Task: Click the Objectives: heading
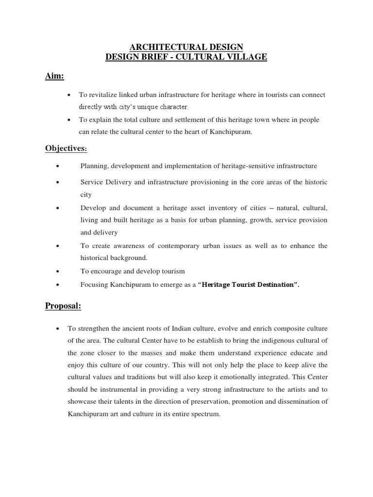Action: [x=66, y=148]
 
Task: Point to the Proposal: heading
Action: [x=63, y=306]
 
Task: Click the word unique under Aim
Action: [x=144, y=106]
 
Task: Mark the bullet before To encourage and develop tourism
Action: [x=57, y=271]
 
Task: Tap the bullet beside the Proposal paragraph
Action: [x=57, y=329]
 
